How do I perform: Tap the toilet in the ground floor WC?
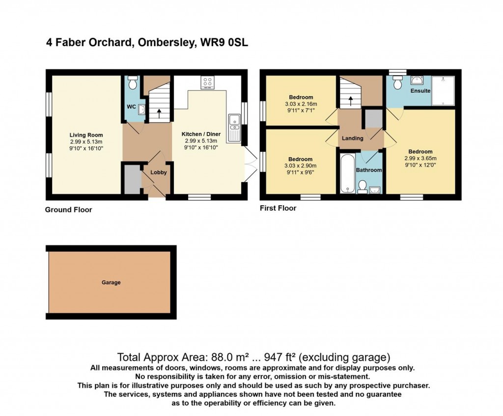tap(132, 84)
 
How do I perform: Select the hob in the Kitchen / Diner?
tap(207, 83)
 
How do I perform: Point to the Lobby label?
tap(158, 172)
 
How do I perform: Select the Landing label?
tap(352, 139)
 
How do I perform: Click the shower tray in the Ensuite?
tap(443, 91)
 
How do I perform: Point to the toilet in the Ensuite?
tap(397, 82)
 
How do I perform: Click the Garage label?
tap(111, 282)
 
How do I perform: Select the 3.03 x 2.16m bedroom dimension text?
tap(301, 104)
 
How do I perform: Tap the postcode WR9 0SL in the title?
tap(224, 43)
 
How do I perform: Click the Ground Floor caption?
tap(68, 210)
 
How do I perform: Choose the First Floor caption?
tap(278, 208)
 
